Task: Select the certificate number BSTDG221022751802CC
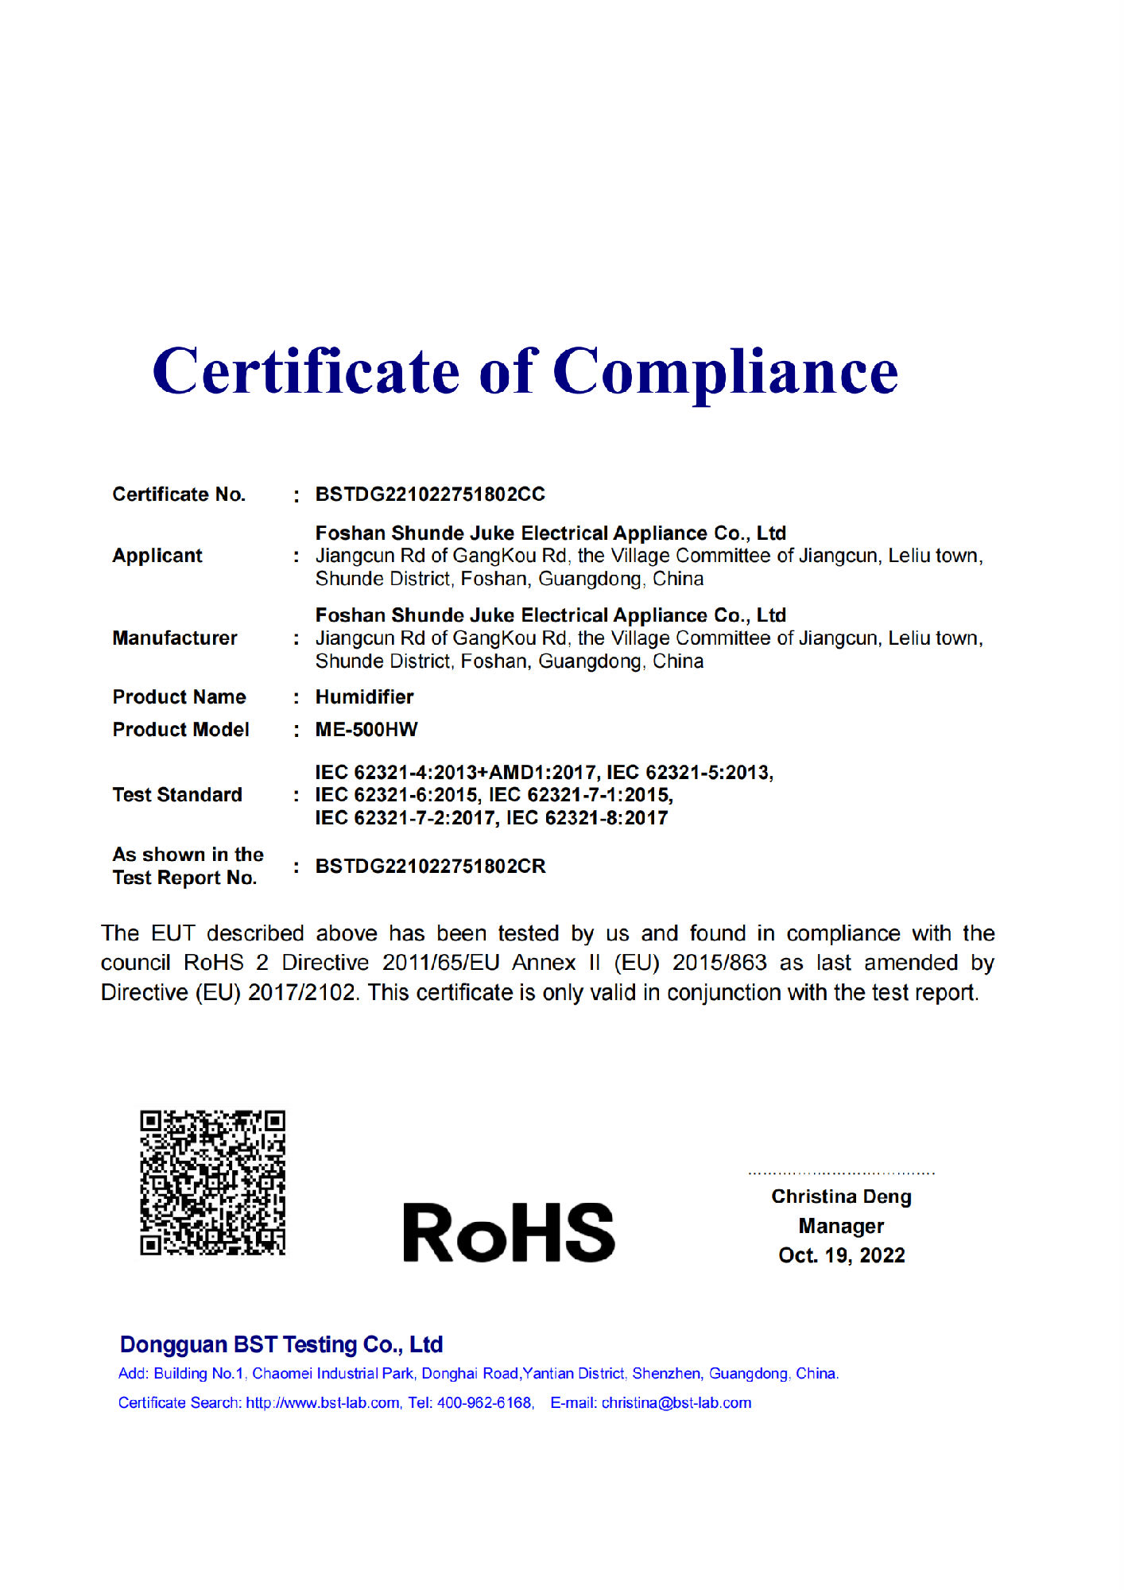pyautogui.click(x=430, y=494)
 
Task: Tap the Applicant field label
pyautogui.click(x=157, y=556)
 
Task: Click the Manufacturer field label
pyautogui.click(x=175, y=638)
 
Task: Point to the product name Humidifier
pyautogui.click(x=364, y=697)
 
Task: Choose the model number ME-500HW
pyautogui.click(x=366, y=730)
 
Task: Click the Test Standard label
pyautogui.click(x=177, y=795)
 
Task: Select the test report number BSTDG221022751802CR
pyautogui.click(x=430, y=867)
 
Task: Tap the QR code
pyautogui.click(x=212, y=1183)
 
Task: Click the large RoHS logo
pyautogui.click(x=509, y=1233)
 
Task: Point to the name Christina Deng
pyautogui.click(x=841, y=1196)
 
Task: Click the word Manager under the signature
pyautogui.click(x=841, y=1226)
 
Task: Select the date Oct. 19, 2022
pyautogui.click(x=842, y=1255)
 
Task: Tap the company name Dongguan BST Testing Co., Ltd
pyautogui.click(x=281, y=1344)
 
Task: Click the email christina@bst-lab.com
pyautogui.click(x=676, y=1402)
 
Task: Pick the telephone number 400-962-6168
pyautogui.click(x=484, y=1402)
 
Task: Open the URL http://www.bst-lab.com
pyautogui.click(x=323, y=1402)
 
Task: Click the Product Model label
pyautogui.click(x=180, y=730)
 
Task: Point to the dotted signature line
pyautogui.click(x=841, y=1173)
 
